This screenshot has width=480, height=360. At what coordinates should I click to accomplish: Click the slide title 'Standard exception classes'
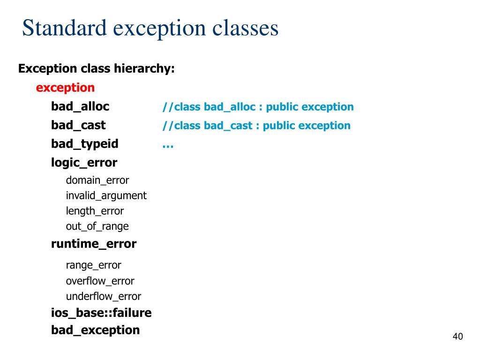coord(150,28)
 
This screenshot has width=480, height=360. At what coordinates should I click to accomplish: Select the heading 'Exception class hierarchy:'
coord(96,68)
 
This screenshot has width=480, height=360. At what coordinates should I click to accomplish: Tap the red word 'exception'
coord(65,88)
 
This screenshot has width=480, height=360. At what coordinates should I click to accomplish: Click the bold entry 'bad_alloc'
coord(80,106)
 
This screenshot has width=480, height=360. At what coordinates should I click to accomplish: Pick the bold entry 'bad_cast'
coord(78,125)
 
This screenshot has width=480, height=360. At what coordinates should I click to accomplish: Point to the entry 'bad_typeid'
coord(84,144)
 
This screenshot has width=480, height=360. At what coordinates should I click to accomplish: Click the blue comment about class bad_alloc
coord(258,107)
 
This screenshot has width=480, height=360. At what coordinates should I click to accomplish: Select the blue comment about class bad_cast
coord(256,126)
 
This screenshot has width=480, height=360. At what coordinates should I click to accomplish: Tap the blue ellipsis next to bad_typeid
coord(168,145)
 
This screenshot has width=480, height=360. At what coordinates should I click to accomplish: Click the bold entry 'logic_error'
coord(84,163)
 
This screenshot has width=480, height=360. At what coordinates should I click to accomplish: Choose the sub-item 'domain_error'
coord(97,180)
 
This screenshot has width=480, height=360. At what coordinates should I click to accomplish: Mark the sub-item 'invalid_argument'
coord(106,195)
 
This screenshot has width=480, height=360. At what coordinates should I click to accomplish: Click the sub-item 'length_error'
coord(95,211)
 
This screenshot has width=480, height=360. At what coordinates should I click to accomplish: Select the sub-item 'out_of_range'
coord(97,226)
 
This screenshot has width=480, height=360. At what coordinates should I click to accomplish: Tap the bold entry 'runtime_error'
coord(94,244)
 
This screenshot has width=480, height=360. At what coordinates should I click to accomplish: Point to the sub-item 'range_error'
coord(93,265)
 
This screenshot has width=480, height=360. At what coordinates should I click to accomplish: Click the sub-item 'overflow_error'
coord(100,281)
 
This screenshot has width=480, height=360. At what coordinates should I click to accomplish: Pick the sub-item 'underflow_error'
coord(103,296)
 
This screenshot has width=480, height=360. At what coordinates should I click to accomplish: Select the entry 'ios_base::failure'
coord(101,313)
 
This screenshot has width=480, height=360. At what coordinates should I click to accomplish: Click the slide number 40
coord(457,337)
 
